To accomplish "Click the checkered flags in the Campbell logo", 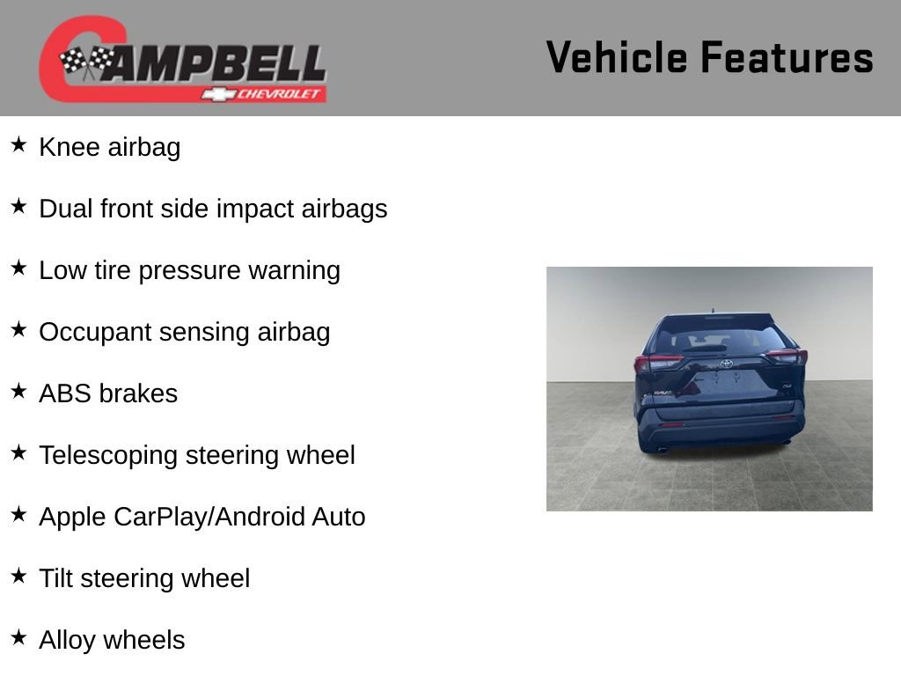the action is [x=86, y=60].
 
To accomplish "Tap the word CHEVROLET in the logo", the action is [x=279, y=93].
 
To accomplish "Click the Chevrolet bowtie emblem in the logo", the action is [x=219, y=94].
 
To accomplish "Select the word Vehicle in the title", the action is [x=617, y=57].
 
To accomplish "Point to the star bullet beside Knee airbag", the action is [x=18, y=144].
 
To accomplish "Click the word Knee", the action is [x=70, y=147].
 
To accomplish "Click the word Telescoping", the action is [x=108, y=456].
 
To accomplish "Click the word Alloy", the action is [x=67, y=641].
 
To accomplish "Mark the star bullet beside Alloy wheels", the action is [x=18, y=637].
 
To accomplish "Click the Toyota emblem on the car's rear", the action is [x=726, y=364].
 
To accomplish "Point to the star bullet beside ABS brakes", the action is [x=18, y=391].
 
